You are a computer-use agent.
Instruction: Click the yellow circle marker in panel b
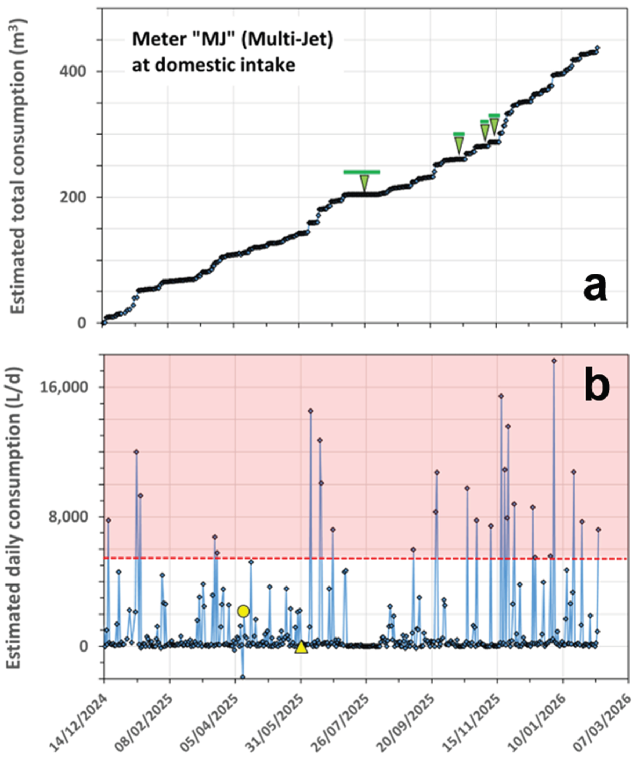point(244,611)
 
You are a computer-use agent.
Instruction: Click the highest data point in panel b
point(554,361)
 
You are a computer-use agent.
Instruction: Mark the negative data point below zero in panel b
point(243,677)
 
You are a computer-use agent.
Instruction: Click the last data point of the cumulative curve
point(598,48)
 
